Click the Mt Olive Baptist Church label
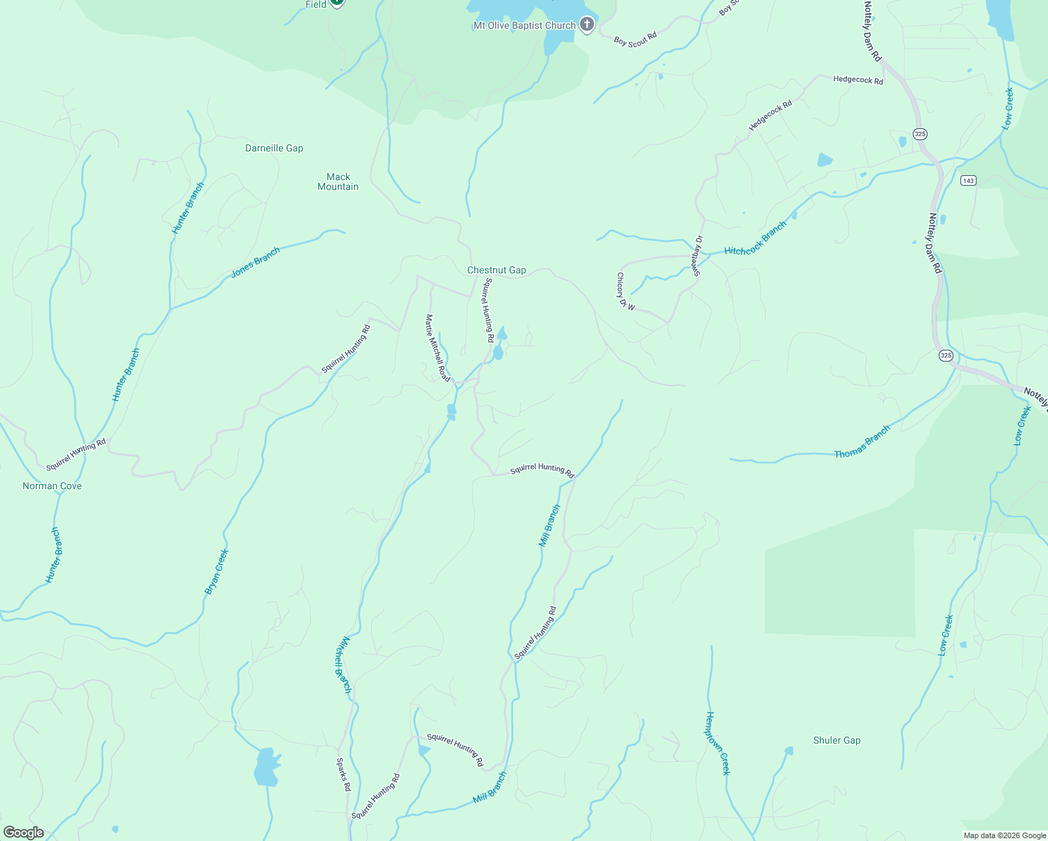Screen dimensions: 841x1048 (x=524, y=26)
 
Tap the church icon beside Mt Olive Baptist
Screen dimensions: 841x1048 (x=587, y=25)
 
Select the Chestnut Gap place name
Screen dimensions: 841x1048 (x=497, y=271)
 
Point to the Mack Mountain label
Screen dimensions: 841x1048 (x=338, y=182)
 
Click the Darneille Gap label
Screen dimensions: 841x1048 (x=274, y=149)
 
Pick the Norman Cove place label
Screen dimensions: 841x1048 (x=52, y=486)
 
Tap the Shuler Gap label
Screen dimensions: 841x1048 (x=836, y=741)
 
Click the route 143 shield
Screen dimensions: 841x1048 (x=967, y=181)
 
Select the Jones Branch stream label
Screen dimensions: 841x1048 (x=256, y=263)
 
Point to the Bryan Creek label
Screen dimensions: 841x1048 (x=217, y=572)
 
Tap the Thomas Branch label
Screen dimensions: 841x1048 (x=862, y=442)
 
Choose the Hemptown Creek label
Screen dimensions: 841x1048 (x=717, y=743)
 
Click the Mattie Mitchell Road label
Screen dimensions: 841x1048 (x=437, y=348)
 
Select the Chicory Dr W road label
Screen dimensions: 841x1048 (x=625, y=292)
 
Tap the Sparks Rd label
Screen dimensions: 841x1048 (x=343, y=774)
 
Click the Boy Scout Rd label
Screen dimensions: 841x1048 (x=635, y=39)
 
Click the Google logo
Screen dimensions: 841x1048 (x=24, y=833)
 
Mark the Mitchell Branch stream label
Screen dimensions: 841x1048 (x=342, y=664)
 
